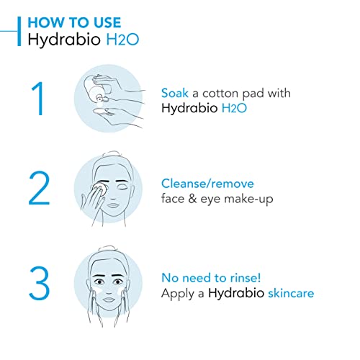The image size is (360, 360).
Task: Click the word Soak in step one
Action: coord(176,93)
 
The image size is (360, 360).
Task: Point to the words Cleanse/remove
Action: coord(207,184)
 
